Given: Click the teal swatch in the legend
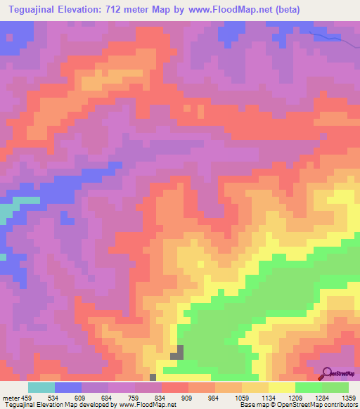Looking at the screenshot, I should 41,387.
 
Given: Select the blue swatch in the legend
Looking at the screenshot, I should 68,387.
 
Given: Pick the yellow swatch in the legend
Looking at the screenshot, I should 282,387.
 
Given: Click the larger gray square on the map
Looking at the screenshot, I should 179,351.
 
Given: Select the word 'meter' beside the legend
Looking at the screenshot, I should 12,398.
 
